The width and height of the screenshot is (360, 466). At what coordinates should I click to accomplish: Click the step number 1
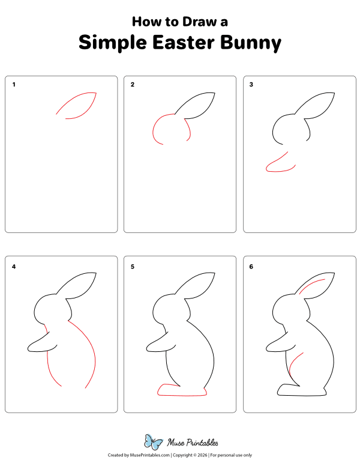click(14, 85)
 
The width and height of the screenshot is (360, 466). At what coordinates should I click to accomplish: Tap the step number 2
click(133, 85)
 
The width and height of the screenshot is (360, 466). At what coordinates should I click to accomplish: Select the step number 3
click(251, 85)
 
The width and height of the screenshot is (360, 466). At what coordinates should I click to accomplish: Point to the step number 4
click(14, 265)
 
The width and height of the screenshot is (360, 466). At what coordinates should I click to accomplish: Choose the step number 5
click(133, 265)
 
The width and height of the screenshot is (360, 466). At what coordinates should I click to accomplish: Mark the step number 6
click(251, 265)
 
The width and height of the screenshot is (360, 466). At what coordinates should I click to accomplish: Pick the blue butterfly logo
click(154, 443)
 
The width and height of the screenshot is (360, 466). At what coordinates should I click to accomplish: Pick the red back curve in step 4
click(89, 348)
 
